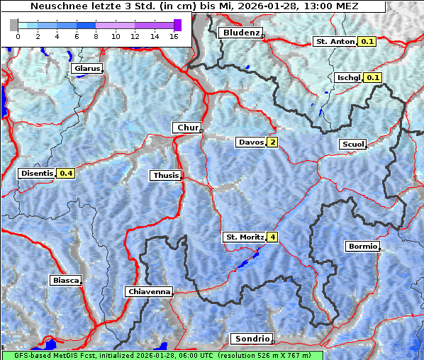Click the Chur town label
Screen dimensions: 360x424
click(187, 128)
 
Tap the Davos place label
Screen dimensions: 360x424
click(250, 142)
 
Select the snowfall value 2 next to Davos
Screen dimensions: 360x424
click(272, 142)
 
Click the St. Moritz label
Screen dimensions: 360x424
click(244, 237)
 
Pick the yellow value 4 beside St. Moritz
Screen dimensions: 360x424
click(272, 237)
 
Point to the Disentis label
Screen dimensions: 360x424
click(37, 173)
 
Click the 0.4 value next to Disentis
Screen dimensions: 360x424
click(67, 173)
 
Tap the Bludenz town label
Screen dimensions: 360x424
click(240, 33)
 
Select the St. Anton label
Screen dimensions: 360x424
click(334, 42)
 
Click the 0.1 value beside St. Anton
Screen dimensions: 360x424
click(367, 42)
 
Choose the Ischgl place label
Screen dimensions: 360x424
click(348, 77)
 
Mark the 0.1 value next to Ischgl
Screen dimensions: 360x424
click(374, 77)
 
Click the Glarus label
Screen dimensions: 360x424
click(86, 69)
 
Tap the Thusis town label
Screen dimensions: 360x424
click(165, 175)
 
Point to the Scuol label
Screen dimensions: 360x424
click(352, 145)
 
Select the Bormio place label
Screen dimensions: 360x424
click(362, 247)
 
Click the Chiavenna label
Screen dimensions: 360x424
click(148, 291)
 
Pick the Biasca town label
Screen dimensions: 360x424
click(65, 280)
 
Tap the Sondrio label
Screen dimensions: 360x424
click(251, 339)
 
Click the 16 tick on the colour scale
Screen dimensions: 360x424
click(173, 35)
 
